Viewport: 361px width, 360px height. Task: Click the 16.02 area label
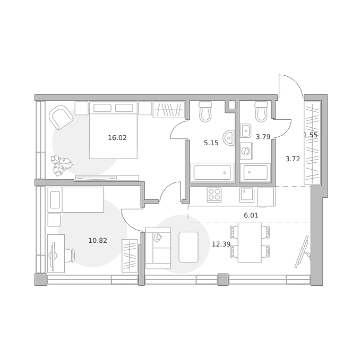117,138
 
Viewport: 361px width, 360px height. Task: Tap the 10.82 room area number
98,241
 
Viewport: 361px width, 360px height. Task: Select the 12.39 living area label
221,244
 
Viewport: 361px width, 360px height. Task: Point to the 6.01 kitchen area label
251,215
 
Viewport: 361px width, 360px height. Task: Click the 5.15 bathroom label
211,143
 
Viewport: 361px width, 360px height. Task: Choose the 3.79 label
263,137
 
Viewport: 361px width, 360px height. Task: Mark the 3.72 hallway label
293,159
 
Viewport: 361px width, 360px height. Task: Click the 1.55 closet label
310,135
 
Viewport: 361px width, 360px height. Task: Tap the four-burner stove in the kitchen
214,195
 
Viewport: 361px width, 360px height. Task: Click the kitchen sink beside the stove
247,195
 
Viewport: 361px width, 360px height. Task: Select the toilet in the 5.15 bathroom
205,112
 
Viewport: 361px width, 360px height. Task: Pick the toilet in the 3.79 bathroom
261,112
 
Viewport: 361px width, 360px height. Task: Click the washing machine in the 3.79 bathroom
246,151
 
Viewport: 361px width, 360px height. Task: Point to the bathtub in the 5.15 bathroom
212,172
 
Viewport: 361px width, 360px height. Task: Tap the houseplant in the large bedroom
62,165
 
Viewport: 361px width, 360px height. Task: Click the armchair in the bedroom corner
61,117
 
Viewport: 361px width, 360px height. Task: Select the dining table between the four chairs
250,242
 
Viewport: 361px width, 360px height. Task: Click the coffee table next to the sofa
188,247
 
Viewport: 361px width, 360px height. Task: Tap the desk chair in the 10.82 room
70,255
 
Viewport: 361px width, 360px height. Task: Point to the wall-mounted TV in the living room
302,252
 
